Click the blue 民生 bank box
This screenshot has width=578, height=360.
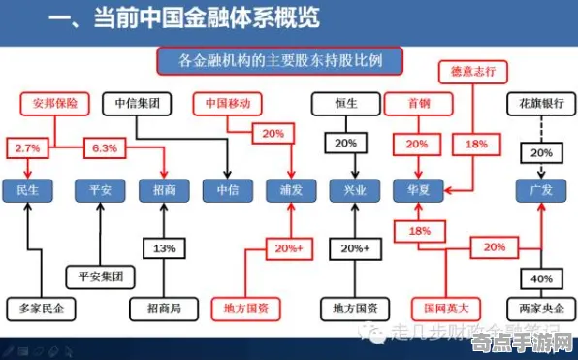pos(28,190)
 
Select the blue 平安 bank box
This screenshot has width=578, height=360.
pos(100,190)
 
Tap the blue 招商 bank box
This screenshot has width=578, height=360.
pos(164,190)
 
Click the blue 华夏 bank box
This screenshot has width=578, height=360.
pos(418,190)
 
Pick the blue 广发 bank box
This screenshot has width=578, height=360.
pos(541,190)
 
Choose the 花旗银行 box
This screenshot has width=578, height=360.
pos(541,101)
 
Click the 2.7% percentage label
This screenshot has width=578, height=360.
pos(28,147)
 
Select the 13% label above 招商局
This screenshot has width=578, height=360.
pos(163,248)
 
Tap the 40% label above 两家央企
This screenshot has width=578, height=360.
pos(541,278)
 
